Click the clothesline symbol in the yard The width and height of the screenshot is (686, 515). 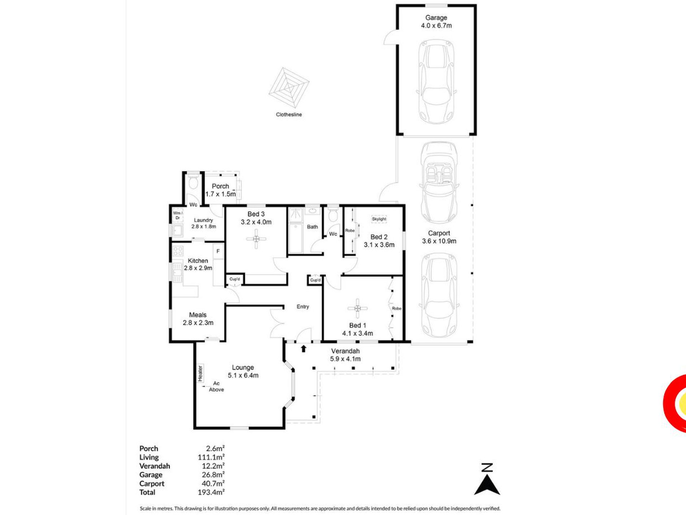pos(289,88)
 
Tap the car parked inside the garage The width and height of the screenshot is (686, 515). pos(436,81)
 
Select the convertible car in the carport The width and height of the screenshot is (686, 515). pos(439,183)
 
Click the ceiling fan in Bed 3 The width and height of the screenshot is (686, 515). pos(256,239)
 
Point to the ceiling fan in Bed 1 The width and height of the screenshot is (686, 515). pos(357,308)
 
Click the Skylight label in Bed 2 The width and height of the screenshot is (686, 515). pos(379,219)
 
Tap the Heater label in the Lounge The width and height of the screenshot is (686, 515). pos(200,373)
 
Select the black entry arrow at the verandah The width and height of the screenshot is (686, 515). pos(304,348)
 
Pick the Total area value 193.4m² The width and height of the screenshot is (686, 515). pos(211,492)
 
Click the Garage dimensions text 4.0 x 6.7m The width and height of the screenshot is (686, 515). pos(436,26)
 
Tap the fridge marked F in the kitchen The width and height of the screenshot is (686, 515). pos(218,252)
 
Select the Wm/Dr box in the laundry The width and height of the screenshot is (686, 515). pos(177,215)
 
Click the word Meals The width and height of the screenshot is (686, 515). pos(198,315)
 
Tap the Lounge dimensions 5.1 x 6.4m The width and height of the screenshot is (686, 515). pos(243,375)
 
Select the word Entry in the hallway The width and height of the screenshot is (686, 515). pos(303,307)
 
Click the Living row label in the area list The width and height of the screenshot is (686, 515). pos(149,458)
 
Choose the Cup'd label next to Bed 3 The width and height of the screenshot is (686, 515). pos(235,279)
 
